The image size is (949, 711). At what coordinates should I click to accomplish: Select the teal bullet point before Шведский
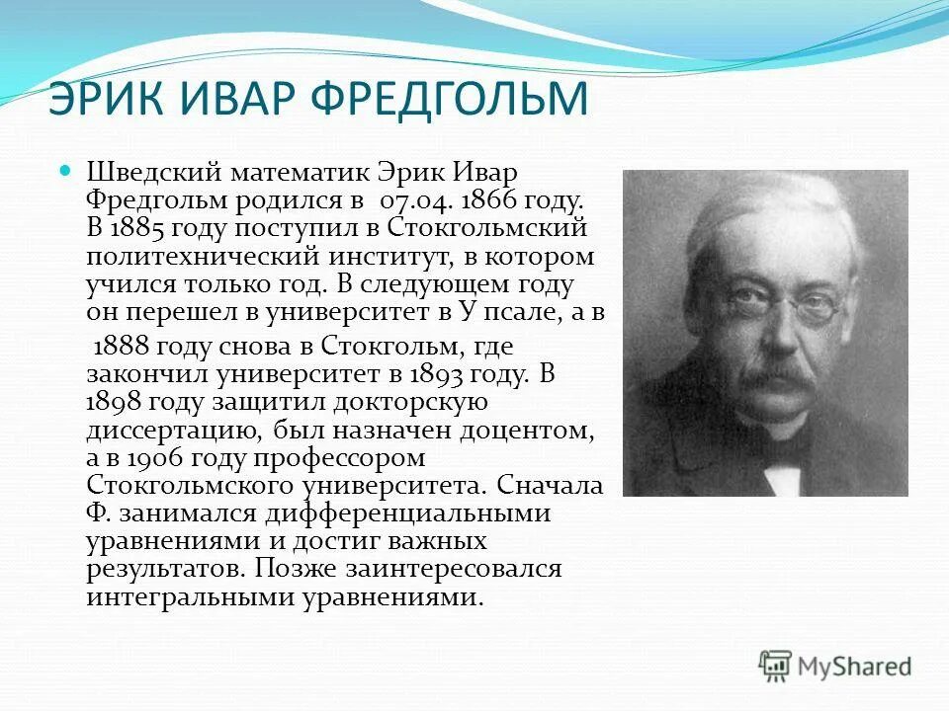click(67, 170)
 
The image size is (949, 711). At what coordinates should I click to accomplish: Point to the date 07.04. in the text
click(408, 200)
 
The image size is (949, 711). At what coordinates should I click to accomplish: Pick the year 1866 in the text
click(486, 200)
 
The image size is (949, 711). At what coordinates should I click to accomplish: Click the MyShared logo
click(834, 666)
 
